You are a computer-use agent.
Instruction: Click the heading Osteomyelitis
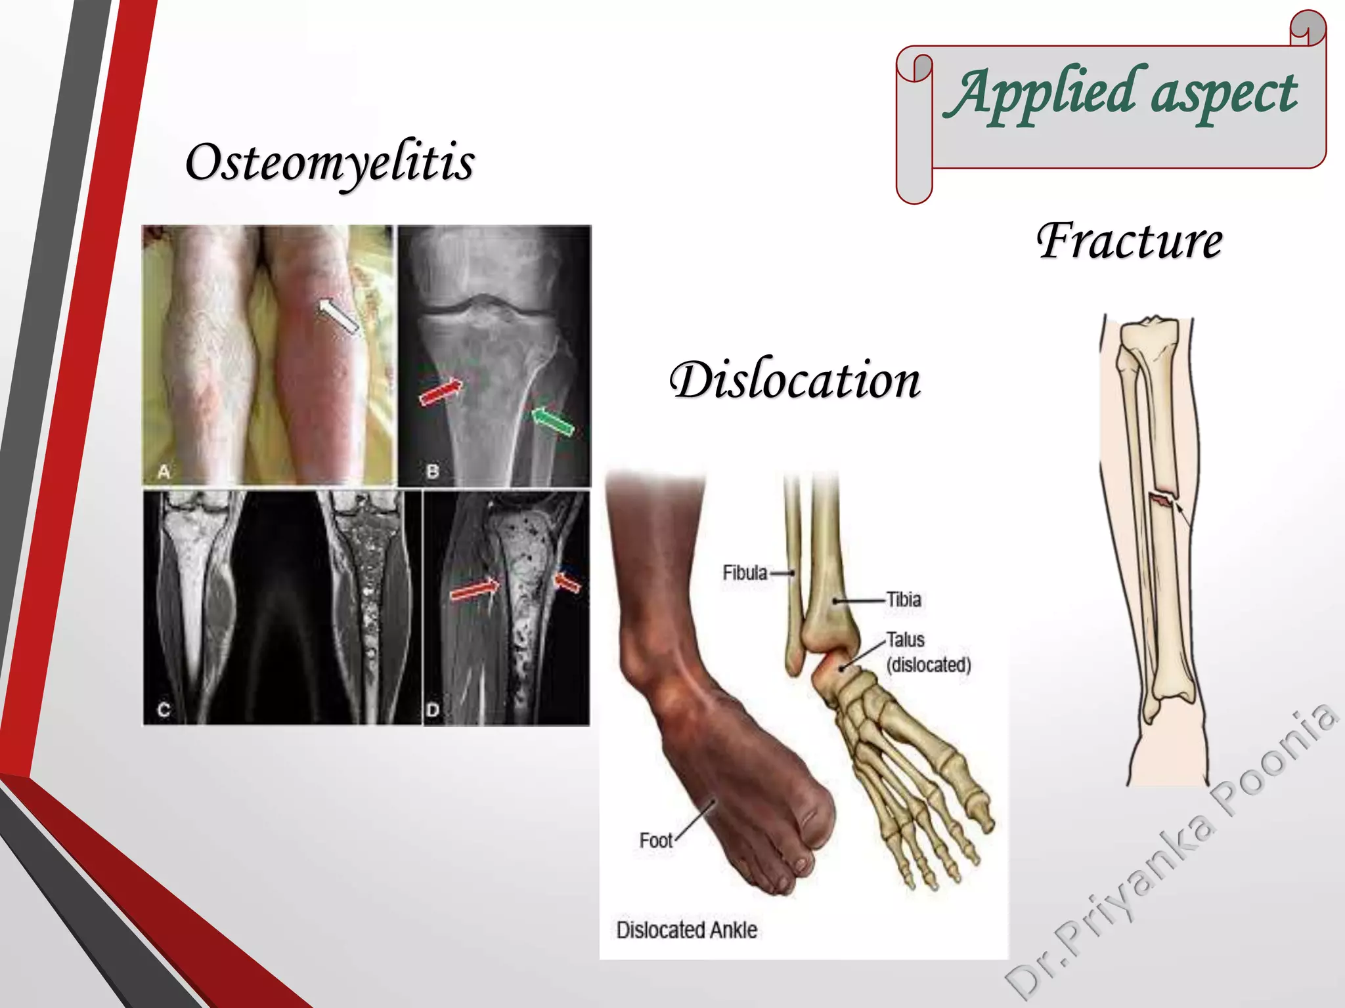pyautogui.click(x=330, y=163)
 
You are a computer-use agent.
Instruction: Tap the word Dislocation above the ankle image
pyautogui.click(x=795, y=381)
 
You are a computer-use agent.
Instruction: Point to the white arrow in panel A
pyautogui.click(x=338, y=316)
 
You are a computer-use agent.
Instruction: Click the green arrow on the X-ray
pyautogui.click(x=552, y=420)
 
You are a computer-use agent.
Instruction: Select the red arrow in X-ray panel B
pyautogui.click(x=441, y=391)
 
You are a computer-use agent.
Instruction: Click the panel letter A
pyautogui.click(x=164, y=471)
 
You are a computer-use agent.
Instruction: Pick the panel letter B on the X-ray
pyautogui.click(x=433, y=471)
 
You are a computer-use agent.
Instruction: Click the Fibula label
pyautogui.click(x=745, y=573)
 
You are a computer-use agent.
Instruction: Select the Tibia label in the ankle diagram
pyautogui.click(x=904, y=600)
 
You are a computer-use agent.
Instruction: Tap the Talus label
pyautogui.click(x=906, y=640)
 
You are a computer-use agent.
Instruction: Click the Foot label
pyautogui.click(x=656, y=841)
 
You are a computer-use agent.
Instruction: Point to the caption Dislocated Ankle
pyautogui.click(x=687, y=930)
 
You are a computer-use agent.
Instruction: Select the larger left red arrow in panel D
pyautogui.click(x=474, y=589)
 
